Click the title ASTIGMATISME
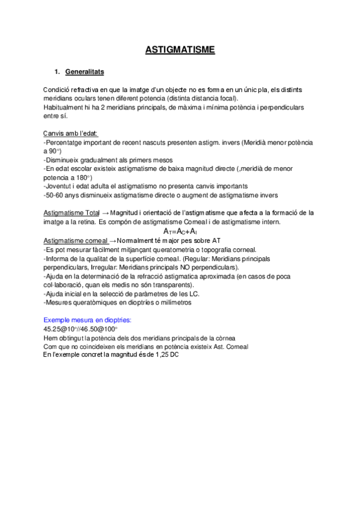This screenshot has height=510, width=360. (x=180, y=50)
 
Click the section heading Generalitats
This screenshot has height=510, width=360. (x=84, y=72)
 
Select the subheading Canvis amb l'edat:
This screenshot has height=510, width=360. (x=71, y=134)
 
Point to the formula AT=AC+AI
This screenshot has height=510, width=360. (x=180, y=231)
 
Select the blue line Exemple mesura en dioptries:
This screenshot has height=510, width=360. (x=88, y=321)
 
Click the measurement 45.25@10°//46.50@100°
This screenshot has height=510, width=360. (x=81, y=330)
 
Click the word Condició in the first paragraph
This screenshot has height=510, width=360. (x=57, y=89)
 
